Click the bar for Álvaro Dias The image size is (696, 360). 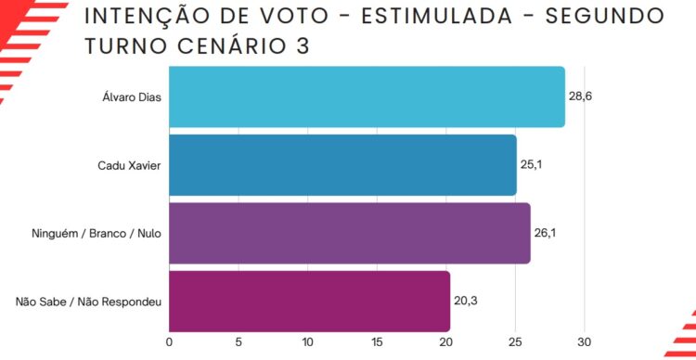367,96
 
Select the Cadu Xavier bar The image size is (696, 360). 342,165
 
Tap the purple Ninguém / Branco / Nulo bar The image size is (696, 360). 350,234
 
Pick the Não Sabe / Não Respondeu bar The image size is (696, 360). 309,302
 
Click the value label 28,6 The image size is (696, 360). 581,96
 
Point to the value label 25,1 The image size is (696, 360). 532,164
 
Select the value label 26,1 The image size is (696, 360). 545,233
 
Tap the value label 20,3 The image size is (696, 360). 466,301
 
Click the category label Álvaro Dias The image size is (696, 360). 132,96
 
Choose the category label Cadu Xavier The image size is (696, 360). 130,165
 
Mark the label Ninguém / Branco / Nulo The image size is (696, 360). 97,234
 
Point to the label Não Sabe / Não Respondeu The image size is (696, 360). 89,302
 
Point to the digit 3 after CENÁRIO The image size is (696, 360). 303,46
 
